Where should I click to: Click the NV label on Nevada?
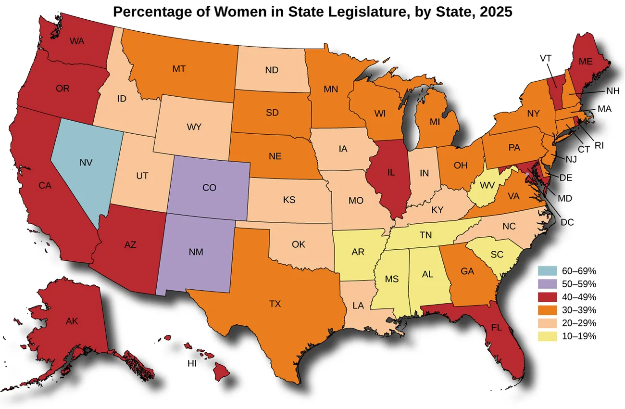click(87, 163)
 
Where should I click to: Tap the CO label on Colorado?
click(209, 188)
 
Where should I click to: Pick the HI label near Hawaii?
click(192, 364)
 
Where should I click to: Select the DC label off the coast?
click(567, 222)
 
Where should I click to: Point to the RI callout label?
click(599, 145)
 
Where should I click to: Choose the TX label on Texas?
click(275, 304)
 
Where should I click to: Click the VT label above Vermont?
click(545, 58)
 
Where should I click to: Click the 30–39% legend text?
click(579, 310)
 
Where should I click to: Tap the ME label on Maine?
click(585, 62)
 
